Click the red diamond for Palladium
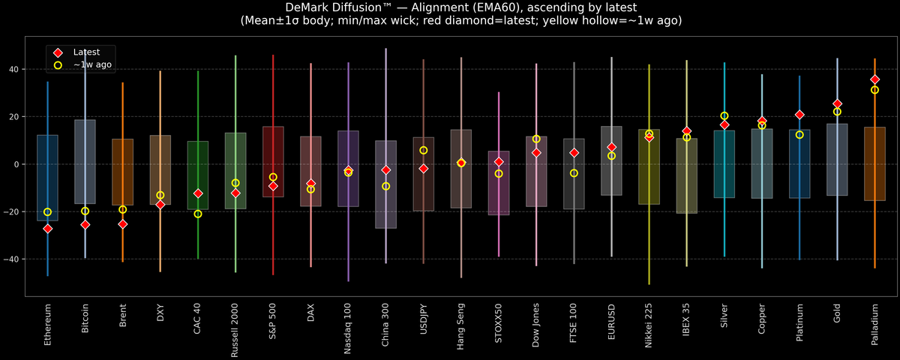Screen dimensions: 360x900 pos(874,79)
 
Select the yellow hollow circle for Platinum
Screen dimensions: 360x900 pos(799,134)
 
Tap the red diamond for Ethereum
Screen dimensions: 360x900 pos(47,228)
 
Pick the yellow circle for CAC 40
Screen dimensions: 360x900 pos(198,214)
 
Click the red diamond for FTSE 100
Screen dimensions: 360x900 pos(574,153)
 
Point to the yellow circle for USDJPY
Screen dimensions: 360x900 pos(424,150)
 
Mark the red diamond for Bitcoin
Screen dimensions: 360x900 pos(85,224)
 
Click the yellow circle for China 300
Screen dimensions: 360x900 pos(386,186)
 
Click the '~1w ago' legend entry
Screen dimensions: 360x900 pos(92,65)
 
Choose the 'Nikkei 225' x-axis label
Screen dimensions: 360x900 pos(649,325)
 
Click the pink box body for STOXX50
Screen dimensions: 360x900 pos(499,191)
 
